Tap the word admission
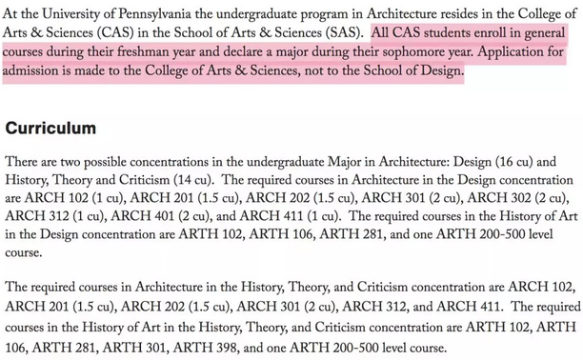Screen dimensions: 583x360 tap(34, 73)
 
